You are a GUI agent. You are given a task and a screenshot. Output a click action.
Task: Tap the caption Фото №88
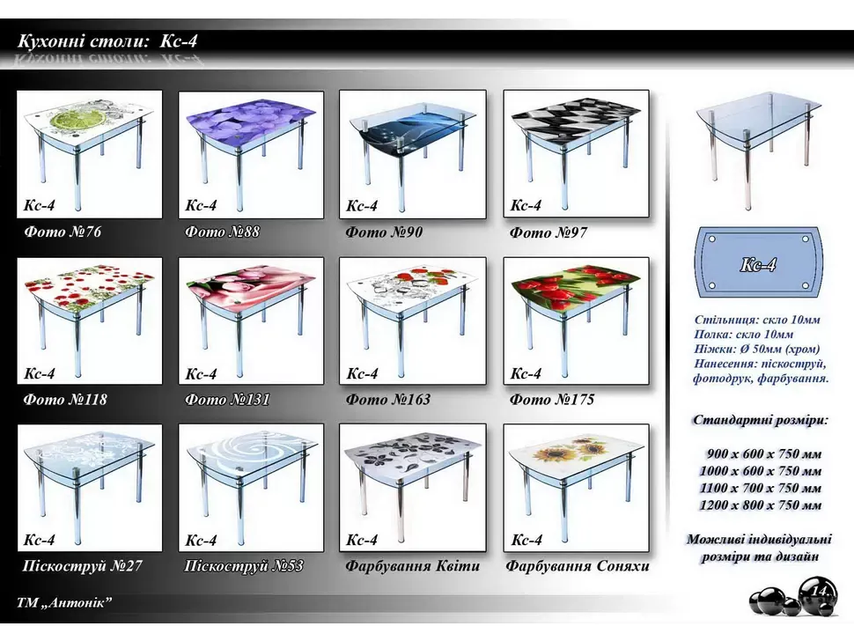(222, 232)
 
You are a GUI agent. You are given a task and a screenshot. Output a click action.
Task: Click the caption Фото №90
(384, 232)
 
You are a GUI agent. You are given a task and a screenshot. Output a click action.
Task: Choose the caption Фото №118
(65, 400)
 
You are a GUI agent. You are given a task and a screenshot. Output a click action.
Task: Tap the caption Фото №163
(387, 400)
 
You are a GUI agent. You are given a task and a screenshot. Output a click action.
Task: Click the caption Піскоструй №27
(82, 566)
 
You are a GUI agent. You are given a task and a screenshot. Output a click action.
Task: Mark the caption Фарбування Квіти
(412, 566)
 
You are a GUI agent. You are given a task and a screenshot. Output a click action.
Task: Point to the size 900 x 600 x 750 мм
(763, 453)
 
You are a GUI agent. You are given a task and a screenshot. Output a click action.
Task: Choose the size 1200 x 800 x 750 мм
(761, 505)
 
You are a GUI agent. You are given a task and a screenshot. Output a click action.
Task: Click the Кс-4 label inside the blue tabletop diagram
(758, 265)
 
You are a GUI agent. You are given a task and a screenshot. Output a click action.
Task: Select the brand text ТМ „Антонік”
(64, 603)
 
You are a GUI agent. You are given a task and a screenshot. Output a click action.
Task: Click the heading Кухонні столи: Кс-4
(107, 41)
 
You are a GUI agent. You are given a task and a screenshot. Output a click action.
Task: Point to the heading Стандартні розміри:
(761, 420)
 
